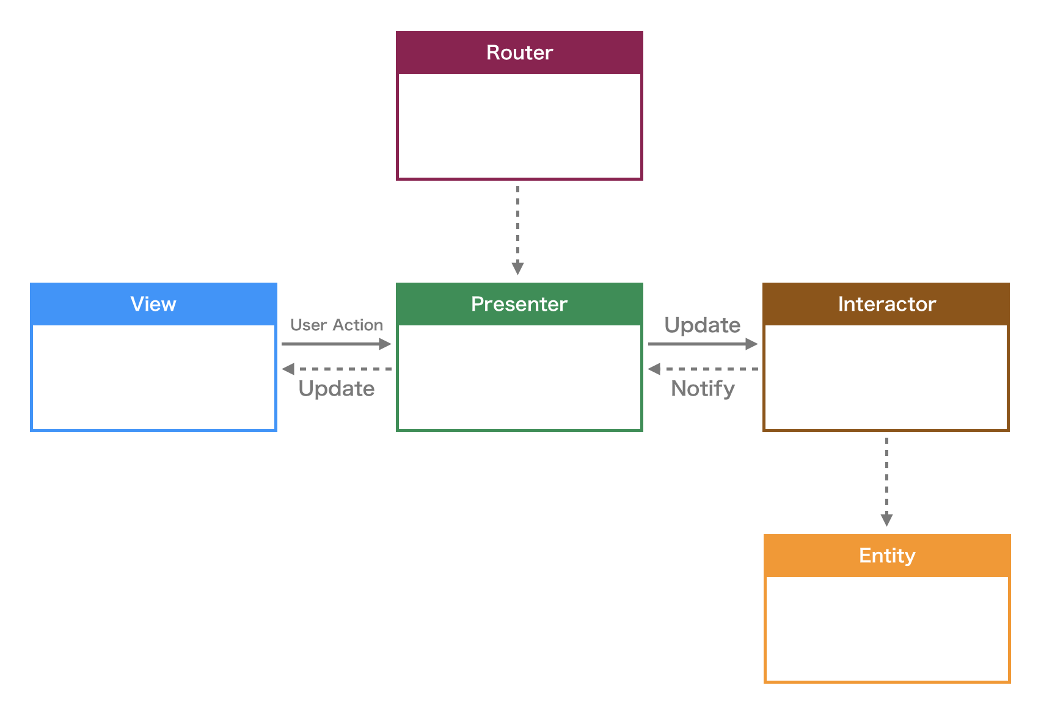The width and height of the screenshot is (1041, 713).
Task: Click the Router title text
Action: click(519, 52)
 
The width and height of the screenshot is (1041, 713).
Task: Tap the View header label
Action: click(153, 304)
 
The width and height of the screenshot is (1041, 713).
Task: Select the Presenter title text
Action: click(519, 304)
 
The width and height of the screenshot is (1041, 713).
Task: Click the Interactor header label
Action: click(886, 304)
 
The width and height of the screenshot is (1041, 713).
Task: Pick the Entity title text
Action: click(887, 556)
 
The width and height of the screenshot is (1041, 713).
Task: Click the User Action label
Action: click(337, 325)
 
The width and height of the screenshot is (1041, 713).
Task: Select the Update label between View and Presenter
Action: click(337, 389)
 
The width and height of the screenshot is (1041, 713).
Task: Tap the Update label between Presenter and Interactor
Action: click(703, 325)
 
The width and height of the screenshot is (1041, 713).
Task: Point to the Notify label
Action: click(703, 389)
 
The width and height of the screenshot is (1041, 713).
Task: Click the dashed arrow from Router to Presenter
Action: click(517, 226)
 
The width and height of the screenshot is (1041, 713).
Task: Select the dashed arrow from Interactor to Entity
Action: click(886, 476)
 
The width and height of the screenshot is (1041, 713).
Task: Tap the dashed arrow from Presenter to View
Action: click(342, 369)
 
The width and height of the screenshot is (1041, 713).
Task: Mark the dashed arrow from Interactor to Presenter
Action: click(709, 369)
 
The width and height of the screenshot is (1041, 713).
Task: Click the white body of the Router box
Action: click(519, 126)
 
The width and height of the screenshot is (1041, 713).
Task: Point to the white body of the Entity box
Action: click(887, 629)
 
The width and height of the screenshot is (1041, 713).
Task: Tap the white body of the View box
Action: click(153, 377)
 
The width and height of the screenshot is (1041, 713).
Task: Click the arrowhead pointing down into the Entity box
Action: click(886, 520)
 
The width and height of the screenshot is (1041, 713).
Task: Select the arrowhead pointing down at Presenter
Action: click(517, 269)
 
